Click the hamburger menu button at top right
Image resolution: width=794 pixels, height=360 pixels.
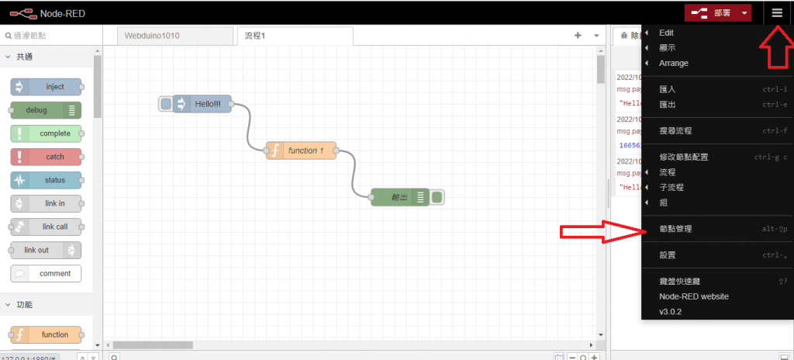pyautogui.click(x=777, y=12)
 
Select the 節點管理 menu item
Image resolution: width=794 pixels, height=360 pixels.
pyautogui.click(x=675, y=229)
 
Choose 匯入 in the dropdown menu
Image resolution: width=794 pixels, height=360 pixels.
pyautogui.click(x=667, y=89)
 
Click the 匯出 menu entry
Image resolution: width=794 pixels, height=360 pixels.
pyautogui.click(x=667, y=105)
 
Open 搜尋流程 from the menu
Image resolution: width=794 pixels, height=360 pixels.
pyautogui.click(x=675, y=131)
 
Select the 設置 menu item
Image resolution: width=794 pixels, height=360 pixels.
pyautogui.click(x=667, y=255)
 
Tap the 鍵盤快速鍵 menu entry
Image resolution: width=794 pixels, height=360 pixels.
pyautogui.click(x=679, y=281)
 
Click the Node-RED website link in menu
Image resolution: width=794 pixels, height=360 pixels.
pyautogui.click(x=693, y=296)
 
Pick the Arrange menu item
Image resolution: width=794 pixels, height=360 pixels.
pyautogui.click(x=673, y=64)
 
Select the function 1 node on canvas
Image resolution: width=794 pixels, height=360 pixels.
pyautogui.click(x=301, y=151)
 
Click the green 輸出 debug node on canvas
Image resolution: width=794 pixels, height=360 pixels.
pyautogui.click(x=400, y=197)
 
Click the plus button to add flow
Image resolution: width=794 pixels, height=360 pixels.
pyautogui.click(x=577, y=36)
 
